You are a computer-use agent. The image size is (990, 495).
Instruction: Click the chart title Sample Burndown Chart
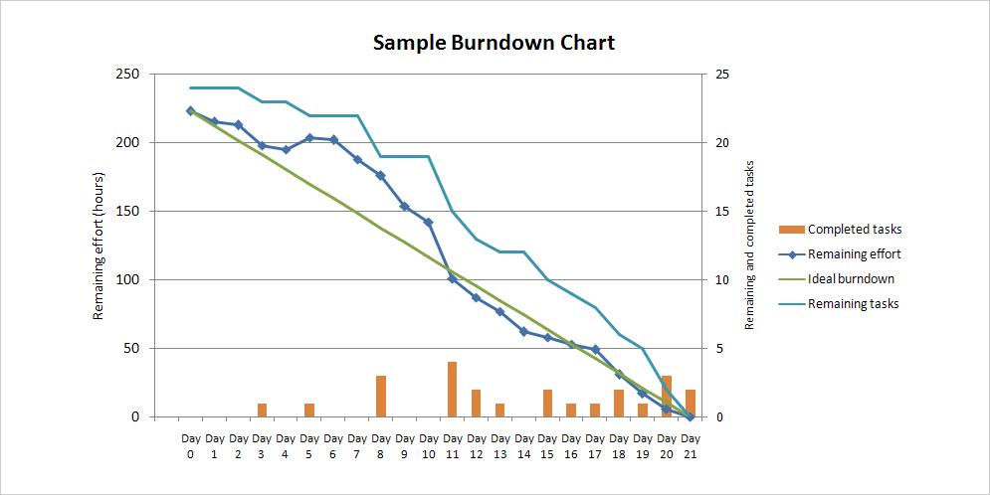click(x=494, y=43)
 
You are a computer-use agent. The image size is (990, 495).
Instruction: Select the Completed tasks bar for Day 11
click(x=452, y=390)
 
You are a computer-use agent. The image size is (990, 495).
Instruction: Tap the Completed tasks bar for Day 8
click(x=381, y=397)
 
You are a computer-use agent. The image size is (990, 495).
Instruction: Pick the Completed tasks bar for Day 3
click(x=262, y=411)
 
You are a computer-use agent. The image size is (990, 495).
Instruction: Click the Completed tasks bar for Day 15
click(x=547, y=404)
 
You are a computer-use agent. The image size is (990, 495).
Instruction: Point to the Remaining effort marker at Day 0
click(x=190, y=111)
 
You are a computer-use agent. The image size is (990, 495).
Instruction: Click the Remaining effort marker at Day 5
click(x=309, y=138)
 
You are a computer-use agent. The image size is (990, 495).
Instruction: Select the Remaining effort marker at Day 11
click(x=452, y=279)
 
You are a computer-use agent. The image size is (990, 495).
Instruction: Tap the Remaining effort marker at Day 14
click(x=523, y=331)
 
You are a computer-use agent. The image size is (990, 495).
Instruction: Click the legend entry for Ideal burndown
click(x=851, y=279)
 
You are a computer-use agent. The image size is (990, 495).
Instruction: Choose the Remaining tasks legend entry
click(x=853, y=304)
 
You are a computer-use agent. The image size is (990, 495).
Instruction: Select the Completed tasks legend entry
click(x=855, y=230)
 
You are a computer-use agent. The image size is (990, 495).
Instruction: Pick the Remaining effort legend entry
click(x=854, y=254)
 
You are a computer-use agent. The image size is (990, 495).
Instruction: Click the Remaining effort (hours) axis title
click(x=99, y=245)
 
